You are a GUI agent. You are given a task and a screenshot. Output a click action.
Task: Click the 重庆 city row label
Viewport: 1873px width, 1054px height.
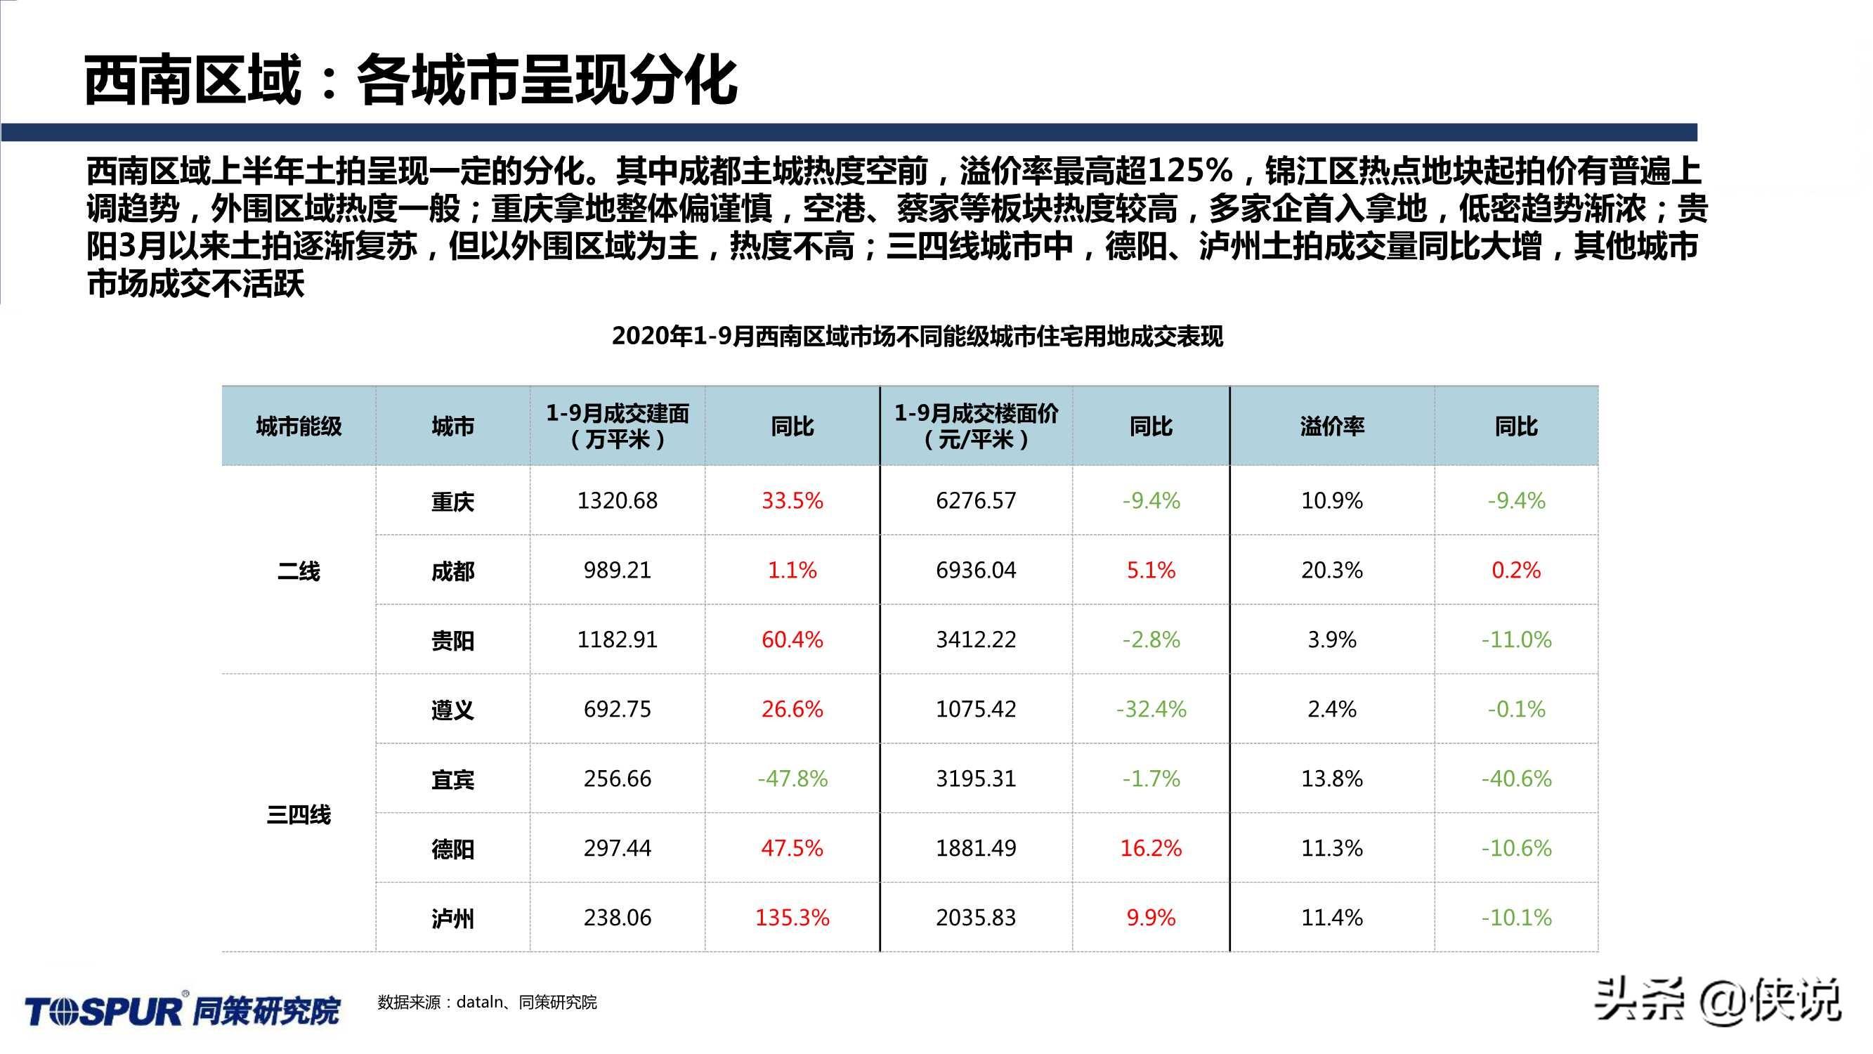[452, 501]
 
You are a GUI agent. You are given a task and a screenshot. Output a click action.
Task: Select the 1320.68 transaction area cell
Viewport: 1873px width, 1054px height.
[617, 500]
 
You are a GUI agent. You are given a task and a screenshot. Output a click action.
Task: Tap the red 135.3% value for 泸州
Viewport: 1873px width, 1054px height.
[792, 917]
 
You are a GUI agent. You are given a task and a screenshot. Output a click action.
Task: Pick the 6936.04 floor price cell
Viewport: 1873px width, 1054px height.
[975, 570]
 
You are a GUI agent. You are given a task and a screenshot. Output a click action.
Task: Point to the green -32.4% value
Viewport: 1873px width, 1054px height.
[1150, 708]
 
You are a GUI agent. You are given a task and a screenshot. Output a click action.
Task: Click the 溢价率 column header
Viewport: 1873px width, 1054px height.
[1331, 427]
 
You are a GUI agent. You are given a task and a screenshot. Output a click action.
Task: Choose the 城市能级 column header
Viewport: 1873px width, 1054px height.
[298, 427]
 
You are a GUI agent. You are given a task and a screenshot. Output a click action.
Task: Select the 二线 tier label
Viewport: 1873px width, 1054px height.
[298, 571]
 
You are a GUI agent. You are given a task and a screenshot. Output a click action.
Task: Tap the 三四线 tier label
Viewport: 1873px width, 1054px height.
[298, 814]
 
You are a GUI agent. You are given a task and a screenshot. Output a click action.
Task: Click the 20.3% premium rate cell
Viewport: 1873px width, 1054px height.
[1331, 570]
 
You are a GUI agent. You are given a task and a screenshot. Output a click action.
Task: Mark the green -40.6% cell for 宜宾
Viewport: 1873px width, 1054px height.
[1516, 779]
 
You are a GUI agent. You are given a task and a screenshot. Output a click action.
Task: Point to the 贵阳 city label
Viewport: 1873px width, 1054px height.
[452, 641]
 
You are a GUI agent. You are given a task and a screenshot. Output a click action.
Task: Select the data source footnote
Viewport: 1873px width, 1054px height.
[486, 1003]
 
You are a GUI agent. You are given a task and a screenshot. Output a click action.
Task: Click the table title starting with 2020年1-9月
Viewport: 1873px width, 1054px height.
[917, 336]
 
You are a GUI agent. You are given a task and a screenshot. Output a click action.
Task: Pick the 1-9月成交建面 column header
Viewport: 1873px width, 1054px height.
[617, 427]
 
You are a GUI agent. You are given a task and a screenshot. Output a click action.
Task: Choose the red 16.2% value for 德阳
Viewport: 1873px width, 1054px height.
[1150, 847]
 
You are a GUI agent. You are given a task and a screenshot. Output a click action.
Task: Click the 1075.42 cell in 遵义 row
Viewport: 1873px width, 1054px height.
[975, 708]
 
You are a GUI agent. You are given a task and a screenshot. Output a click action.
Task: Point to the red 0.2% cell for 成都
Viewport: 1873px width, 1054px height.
[1516, 570]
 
